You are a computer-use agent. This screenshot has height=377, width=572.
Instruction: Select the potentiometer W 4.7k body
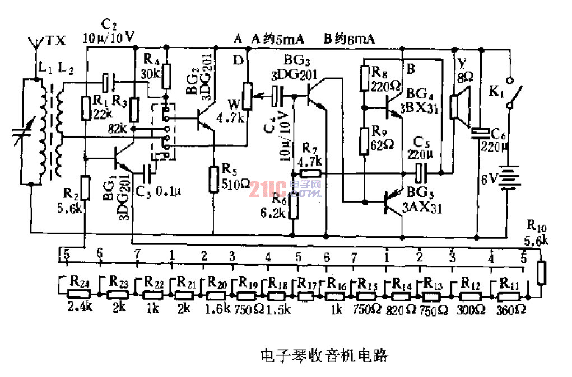pos(245,95)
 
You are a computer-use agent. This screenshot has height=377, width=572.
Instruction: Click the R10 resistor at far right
pos(541,272)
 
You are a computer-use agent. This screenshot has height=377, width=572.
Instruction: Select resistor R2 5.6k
pos(84,187)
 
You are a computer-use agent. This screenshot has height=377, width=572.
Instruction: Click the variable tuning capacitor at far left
pos(24,134)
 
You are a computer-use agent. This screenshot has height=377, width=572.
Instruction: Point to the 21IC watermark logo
pos(286,189)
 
